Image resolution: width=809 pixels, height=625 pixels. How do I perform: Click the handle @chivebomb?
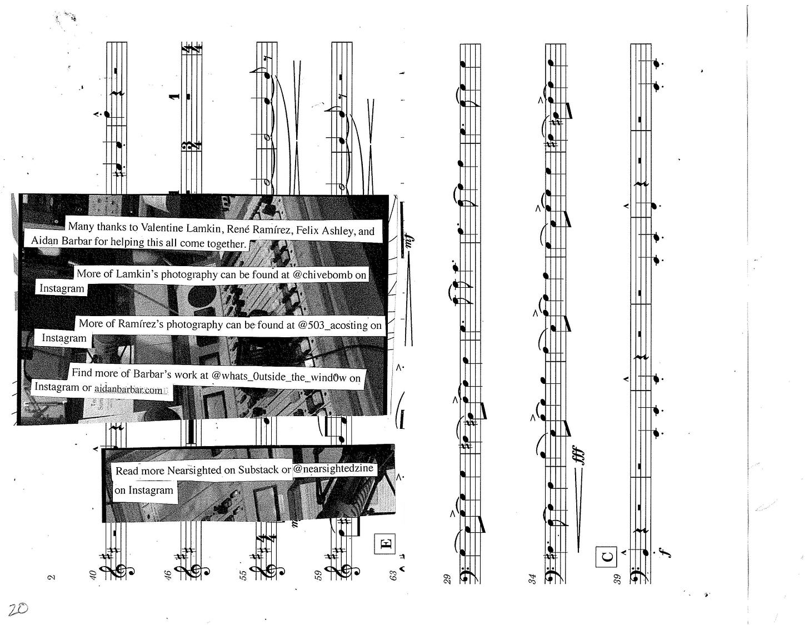[319, 274]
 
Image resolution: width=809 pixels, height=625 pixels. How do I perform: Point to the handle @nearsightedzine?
[333, 468]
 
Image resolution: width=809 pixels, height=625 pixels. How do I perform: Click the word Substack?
[258, 469]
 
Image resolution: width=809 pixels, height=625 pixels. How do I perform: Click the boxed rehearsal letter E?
[384, 543]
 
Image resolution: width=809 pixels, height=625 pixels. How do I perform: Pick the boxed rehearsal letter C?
[607, 555]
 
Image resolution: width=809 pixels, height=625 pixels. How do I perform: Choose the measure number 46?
[167, 576]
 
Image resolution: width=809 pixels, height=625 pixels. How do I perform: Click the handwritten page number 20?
[18, 608]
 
